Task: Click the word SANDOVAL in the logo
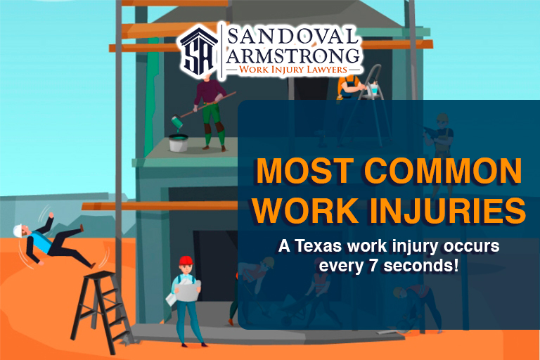[x=291, y=35]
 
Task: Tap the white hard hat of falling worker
[x=19, y=231]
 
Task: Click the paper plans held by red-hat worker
[x=186, y=288]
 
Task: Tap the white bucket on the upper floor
[x=179, y=143]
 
